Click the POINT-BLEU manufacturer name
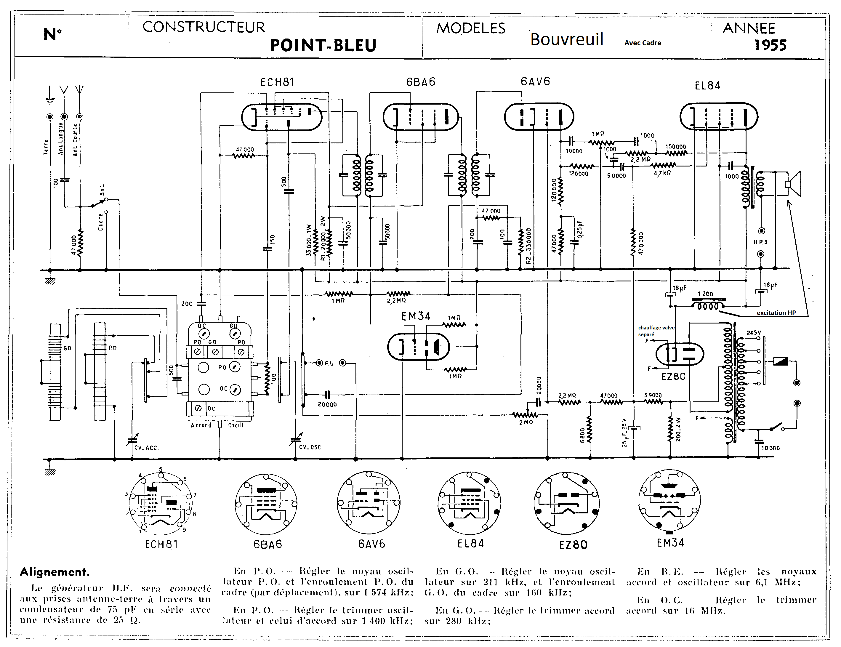[x=323, y=45]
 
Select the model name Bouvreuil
[x=566, y=39]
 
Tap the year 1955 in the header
[x=770, y=45]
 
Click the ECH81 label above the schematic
[x=277, y=82]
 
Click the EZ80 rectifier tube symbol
[x=680, y=353]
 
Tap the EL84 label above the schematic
[x=707, y=86]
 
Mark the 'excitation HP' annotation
[x=776, y=313]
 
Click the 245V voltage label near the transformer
[x=754, y=333]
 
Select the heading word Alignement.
[x=55, y=572]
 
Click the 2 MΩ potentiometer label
[x=526, y=422]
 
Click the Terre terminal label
[x=46, y=148]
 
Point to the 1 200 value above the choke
[x=705, y=294]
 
